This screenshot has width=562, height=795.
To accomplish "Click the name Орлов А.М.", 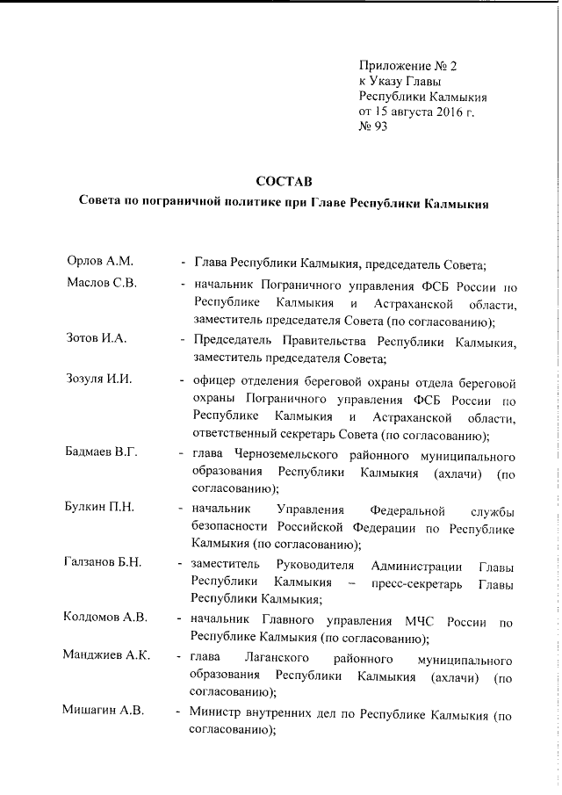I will [99, 262].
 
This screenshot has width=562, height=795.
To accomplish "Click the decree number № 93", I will [373, 126].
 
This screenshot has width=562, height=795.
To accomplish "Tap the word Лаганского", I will [275, 659].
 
